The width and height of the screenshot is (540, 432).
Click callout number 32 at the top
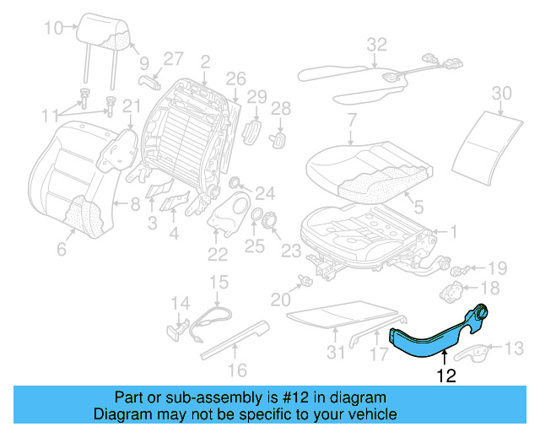click(x=376, y=44)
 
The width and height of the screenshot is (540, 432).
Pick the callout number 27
click(x=173, y=58)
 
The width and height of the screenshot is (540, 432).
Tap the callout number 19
click(x=497, y=268)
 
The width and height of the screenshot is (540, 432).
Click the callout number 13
click(x=513, y=347)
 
